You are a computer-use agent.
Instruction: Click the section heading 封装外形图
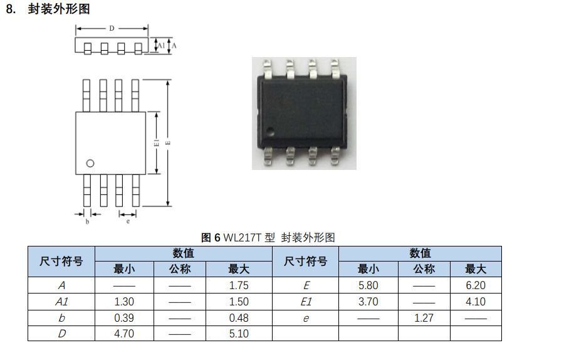tap(59, 9)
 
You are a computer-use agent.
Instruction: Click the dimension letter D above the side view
tap(112, 28)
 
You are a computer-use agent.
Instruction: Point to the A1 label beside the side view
tap(160, 46)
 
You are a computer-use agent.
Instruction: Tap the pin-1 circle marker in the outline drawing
tap(90, 163)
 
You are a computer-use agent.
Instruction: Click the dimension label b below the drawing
tap(87, 221)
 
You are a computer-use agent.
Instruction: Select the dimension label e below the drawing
tap(128, 221)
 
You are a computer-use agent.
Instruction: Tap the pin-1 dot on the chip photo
tap(271, 131)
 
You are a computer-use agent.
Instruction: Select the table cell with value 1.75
tap(239, 285)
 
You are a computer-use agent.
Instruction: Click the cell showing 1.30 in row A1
tap(124, 302)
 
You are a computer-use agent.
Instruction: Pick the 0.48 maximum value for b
tap(239, 318)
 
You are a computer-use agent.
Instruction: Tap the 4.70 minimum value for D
tap(124, 334)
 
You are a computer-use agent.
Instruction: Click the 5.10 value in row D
tap(239, 334)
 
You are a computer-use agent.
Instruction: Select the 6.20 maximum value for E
tap(476, 285)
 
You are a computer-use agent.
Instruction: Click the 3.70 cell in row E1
tap(368, 302)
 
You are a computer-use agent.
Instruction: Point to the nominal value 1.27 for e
tap(424, 318)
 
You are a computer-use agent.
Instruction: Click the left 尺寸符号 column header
tap(61, 262)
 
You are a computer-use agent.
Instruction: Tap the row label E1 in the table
tap(306, 302)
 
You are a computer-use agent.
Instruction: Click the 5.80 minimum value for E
tap(368, 285)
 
